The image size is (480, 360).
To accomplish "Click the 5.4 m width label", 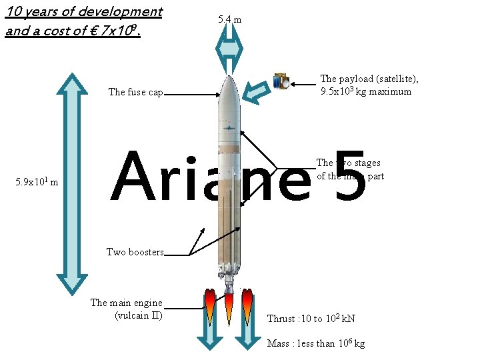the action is tap(229, 19).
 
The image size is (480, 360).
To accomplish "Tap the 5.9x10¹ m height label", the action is tap(36, 182).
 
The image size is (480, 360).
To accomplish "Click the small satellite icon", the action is tap(281, 81).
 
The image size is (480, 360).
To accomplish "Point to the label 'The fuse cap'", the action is tap(136, 92).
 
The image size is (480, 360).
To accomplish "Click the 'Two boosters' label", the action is tap(135, 252).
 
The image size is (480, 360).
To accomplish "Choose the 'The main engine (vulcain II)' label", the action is tap(127, 309).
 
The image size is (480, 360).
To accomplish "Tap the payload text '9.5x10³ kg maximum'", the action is tap(366, 91).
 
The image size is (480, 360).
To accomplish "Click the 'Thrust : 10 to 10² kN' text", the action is tap(311, 319).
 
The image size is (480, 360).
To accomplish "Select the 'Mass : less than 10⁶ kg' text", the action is tap(316, 343).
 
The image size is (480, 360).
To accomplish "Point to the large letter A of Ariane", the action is tap(138, 177).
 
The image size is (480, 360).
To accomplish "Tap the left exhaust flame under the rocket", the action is tap(210, 306).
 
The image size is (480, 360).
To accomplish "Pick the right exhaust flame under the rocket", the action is tap(247, 306).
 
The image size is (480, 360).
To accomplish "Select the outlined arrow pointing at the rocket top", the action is tap(255, 92).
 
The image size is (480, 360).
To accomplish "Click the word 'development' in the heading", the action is tap(123, 11).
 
